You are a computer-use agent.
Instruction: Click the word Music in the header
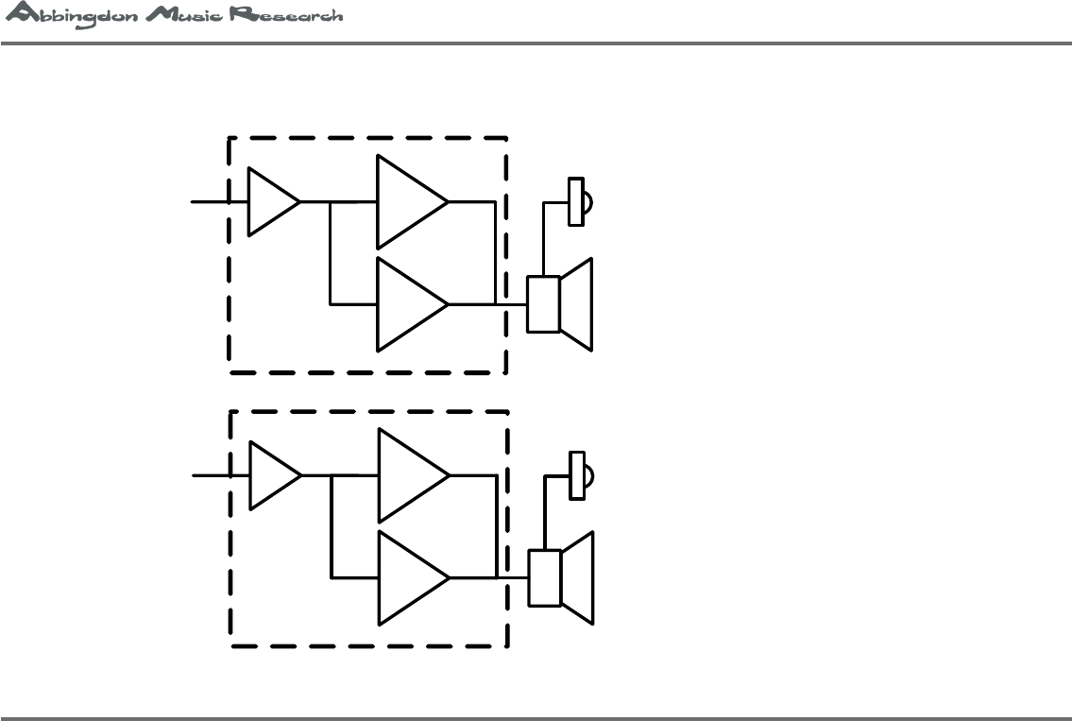click(x=178, y=17)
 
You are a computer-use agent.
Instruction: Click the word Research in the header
click(x=284, y=17)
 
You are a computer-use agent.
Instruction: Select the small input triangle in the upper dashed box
click(x=269, y=201)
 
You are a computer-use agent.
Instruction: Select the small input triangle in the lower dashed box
click(x=270, y=475)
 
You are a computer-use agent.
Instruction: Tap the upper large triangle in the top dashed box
click(x=407, y=201)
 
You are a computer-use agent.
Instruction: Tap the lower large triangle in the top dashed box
click(x=407, y=304)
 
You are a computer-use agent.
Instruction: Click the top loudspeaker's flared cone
click(x=577, y=304)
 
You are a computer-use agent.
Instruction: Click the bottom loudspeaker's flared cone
click(x=578, y=577)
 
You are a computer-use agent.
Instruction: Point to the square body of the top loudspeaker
click(x=542, y=304)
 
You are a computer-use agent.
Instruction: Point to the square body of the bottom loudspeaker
click(x=544, y=577)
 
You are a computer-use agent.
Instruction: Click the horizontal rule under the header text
click(x=536, y=43)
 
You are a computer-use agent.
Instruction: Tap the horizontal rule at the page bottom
click(x=536, y=717)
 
